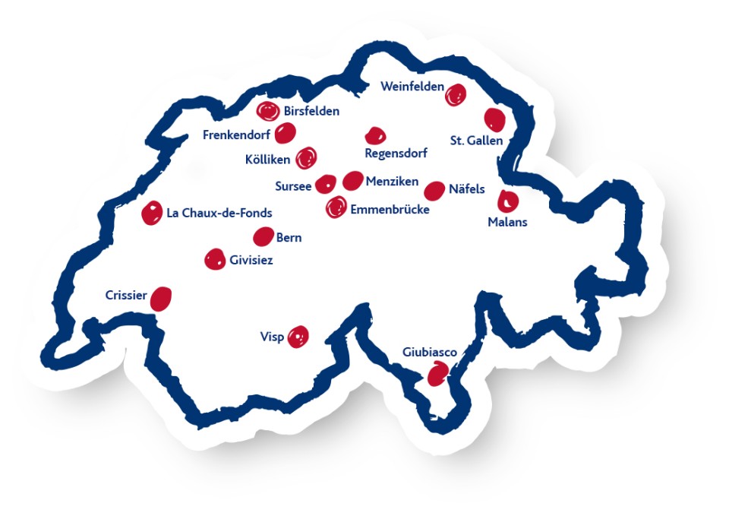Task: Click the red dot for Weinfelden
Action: tap(455, 95)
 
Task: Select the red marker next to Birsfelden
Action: tap(267, 112)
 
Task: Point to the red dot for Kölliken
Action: tap(306, 158)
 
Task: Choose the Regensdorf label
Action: tap(396, 153)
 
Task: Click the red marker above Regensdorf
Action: tap(375, 136)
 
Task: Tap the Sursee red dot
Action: tap(325, 183)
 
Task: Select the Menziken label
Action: tap(392, 182)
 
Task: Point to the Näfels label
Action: tap(466, 189)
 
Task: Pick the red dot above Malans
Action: tap(507, 201)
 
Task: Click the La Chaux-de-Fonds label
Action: tap(219, 214)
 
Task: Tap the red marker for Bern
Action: tap(263, 236)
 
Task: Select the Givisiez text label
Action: tap(251, 261)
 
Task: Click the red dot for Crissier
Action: tap(161, 299)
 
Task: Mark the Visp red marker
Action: tap(298, 336)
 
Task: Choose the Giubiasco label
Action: tap(430, 353)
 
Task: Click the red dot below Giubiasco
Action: tap(438, 374)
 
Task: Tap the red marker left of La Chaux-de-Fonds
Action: tap(152, 214)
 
